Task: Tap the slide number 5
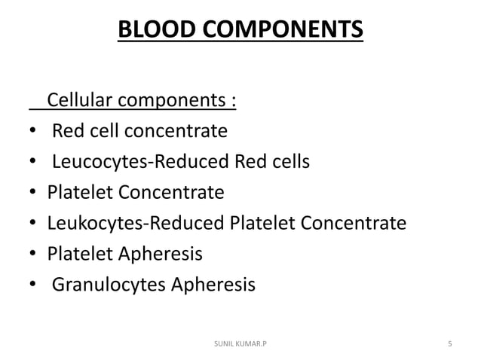tap(449, 343)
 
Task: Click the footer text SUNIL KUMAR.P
tap(240, 343)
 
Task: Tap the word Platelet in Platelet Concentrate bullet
tap(78, 193)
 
